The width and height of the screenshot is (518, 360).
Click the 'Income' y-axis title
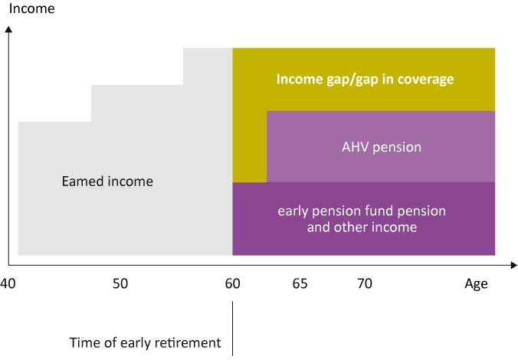pos(31,8)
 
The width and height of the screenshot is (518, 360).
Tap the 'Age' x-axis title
pos(476,284)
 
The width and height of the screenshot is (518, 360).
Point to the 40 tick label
pos(8,283)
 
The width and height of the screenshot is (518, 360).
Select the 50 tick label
pos(120,283)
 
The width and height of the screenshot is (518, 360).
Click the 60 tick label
pos(233,283)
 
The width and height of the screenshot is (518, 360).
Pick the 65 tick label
pos(300,283)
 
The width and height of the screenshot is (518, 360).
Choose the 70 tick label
pos(365,283)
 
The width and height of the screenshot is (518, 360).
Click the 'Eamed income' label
pos(107,182)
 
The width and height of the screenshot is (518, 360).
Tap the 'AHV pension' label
pos(382,147)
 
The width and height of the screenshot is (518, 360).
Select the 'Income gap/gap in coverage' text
pos(365,80)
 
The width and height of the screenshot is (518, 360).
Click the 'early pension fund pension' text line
pos(362,211)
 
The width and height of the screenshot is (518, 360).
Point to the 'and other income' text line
pos(362,227)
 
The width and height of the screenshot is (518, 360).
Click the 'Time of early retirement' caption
pos(145,343)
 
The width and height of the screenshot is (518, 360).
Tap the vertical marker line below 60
pos(233,329)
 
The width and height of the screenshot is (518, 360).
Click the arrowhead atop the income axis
pos(8,29)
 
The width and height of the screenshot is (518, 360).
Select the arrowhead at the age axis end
pos(514,265)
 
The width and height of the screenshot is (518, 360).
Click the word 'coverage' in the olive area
pos(426,80)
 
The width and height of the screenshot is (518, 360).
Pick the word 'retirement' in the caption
pos(187,343)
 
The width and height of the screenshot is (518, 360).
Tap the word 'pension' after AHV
pos(397,148)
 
